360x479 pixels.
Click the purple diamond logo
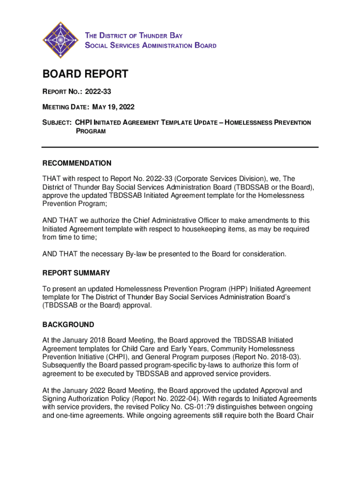click(59, 41)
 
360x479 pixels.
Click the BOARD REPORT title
click(85, 74)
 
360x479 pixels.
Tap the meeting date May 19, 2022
click(113, 107)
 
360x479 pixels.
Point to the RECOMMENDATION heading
click(77, 163)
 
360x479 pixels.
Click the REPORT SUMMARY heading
click(76, 273)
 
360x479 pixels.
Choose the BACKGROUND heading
click(68, 325)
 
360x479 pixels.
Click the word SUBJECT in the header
click(57, 123)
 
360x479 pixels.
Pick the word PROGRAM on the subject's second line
click(91, 131)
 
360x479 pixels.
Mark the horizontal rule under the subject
click(180, 147)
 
